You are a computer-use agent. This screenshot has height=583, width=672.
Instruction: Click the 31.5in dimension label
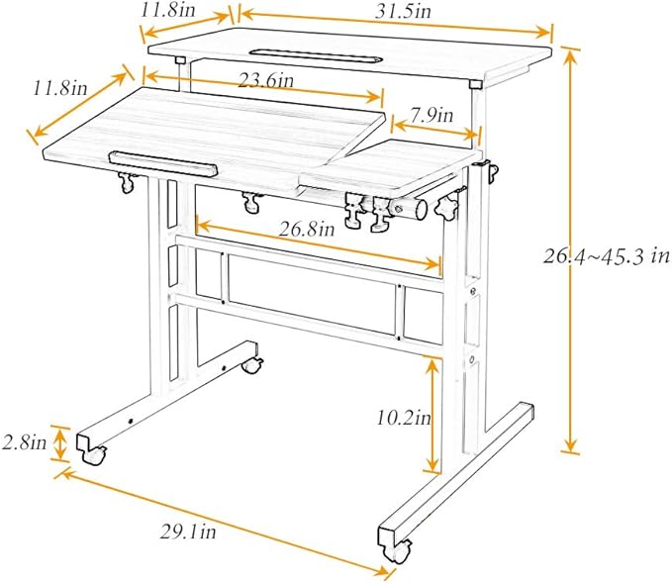403,12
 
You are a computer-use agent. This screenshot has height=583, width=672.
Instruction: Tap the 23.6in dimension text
266,80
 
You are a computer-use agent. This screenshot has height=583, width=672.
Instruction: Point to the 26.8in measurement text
307,230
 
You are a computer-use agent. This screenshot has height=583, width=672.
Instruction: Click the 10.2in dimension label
404,417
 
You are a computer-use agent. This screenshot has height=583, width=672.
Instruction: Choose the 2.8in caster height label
24,442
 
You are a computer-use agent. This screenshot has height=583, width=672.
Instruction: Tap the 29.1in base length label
188,532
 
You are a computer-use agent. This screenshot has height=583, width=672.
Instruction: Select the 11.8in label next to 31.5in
168,10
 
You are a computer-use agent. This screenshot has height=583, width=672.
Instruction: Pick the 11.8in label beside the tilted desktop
60,88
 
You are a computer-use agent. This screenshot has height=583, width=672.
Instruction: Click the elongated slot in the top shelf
316,54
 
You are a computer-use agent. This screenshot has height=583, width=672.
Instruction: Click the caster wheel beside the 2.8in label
94,455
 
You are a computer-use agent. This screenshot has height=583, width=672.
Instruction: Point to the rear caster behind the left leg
252,365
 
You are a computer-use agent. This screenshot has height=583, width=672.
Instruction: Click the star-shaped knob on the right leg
445,208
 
